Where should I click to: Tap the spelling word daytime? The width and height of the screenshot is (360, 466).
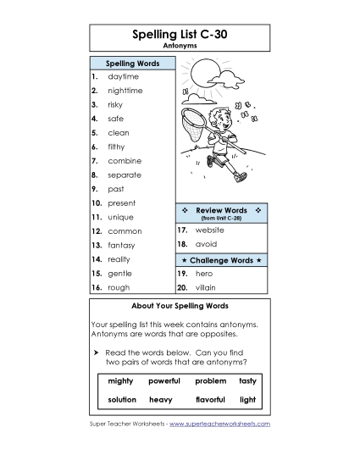pos(123,76)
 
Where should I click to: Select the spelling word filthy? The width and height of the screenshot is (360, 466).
pos(118,147)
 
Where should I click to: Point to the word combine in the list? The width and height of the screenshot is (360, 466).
pos(125,161)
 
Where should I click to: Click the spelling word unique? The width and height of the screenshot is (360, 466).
pos(120,217)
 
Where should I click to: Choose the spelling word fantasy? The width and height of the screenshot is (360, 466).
pos(122,245)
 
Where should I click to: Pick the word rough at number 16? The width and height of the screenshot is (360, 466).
pos(119,287)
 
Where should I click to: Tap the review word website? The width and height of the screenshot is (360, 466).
pos(210,230)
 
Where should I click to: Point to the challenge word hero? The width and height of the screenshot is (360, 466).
pos(204,274)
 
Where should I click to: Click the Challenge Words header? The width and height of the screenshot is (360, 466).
pos(222,259)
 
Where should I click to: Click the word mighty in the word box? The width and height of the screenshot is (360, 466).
pos(121,381)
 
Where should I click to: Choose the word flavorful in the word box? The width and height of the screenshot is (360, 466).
pos(210,399)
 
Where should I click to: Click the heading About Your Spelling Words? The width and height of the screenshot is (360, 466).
pos(180,305)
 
